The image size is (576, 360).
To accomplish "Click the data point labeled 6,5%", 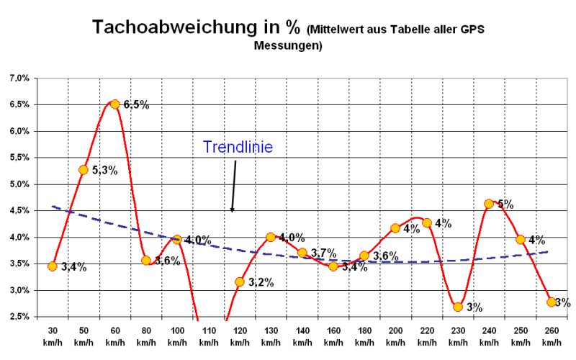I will click(114, 104).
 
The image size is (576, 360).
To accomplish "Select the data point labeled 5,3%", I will click(84, 170).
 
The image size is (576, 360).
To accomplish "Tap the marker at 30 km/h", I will click(53, 266).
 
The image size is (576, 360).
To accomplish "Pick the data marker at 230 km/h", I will click(458, 307).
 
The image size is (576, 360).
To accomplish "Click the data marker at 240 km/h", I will click(489, 204).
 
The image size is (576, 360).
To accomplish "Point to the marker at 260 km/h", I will click(552, 302).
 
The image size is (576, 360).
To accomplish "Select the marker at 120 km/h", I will click(239, 282).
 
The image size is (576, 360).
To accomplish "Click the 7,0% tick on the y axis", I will click(19, 78).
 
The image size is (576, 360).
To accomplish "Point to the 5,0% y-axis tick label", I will click(19, 184).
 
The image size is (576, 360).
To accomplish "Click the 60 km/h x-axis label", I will click(114, 335).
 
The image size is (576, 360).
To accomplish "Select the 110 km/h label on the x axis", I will click(208, 335).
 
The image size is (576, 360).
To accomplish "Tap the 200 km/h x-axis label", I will click(395, 335).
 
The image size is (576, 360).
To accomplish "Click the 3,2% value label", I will click(260, 282).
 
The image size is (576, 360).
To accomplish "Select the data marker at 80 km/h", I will click(146, 260).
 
